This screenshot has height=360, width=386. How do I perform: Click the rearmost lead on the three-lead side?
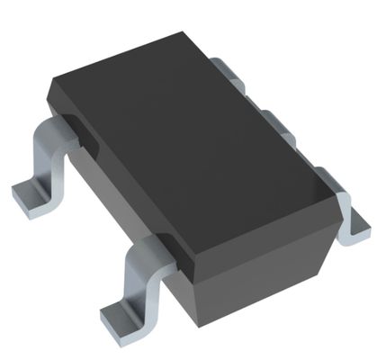229,70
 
